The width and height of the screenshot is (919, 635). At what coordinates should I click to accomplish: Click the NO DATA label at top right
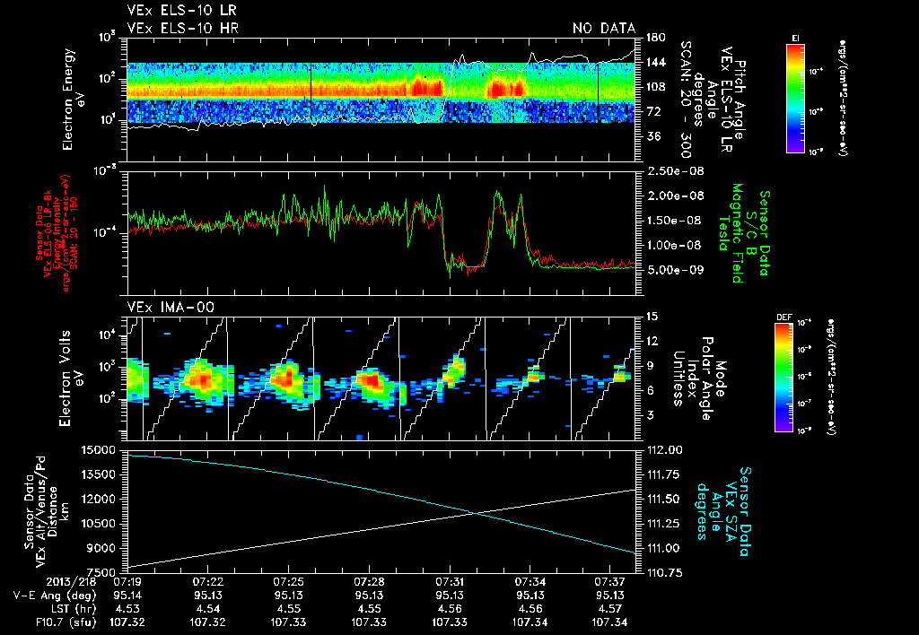(603, 29)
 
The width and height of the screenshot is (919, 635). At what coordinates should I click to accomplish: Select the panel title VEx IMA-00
(162, 307)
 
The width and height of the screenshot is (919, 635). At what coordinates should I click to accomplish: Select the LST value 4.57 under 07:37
(610, 608)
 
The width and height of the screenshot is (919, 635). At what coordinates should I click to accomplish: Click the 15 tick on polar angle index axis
(652, 316)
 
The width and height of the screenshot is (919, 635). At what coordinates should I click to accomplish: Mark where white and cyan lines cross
(477, 512)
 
